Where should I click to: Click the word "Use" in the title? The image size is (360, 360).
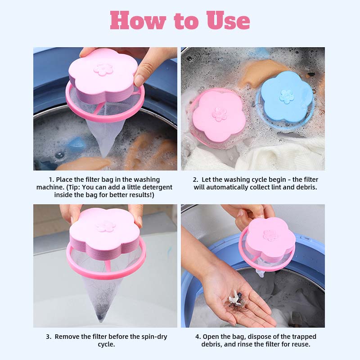[x=228, y=20]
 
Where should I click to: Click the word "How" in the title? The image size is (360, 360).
[x=138, y=20]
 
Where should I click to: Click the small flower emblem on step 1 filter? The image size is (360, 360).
[x=103, y=69]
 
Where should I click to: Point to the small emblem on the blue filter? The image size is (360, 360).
[x=287, y=96]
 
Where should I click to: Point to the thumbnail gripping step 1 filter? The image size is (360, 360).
[x=139, y=80]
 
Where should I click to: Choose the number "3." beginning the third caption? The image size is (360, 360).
[x=49, y=337]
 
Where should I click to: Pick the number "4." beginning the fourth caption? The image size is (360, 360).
[x=198, y=337]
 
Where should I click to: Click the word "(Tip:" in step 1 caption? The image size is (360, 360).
[x=73, y=187]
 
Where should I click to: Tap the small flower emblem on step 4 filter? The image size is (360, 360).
[x=270, y=235]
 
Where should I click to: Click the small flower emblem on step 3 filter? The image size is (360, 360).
[x=106, y=227]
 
